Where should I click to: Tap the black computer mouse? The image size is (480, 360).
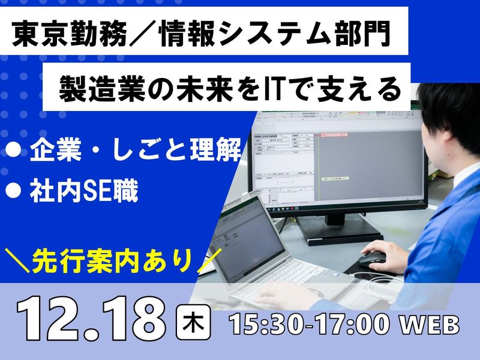[374, 259]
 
